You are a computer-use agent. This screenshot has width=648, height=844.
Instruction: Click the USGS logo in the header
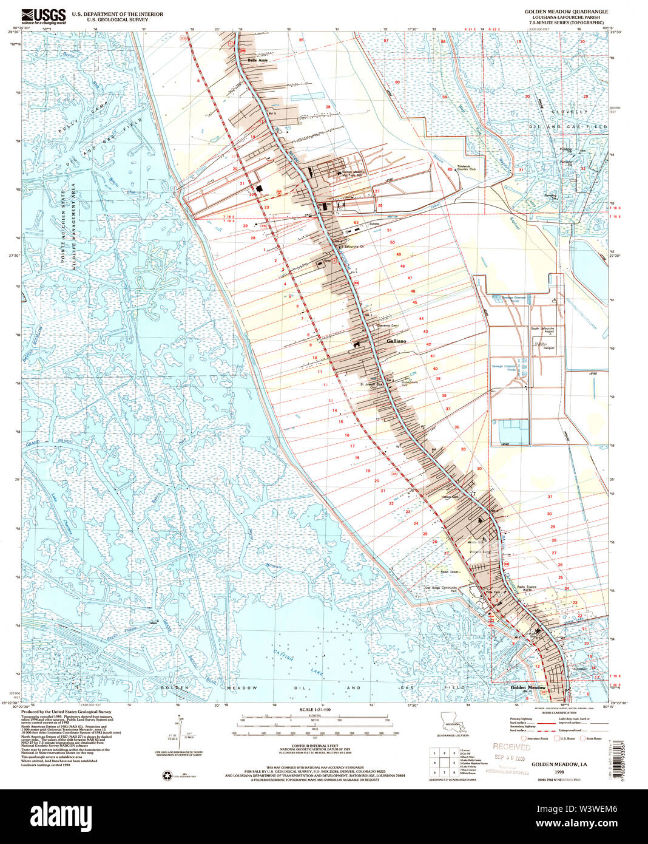coord(42,16)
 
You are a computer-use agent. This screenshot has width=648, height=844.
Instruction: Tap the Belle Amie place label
coord(257,61)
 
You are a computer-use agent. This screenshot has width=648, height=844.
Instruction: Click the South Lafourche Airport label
coord(542,331)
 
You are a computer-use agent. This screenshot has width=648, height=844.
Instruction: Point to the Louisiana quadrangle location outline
coord(452,726)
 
